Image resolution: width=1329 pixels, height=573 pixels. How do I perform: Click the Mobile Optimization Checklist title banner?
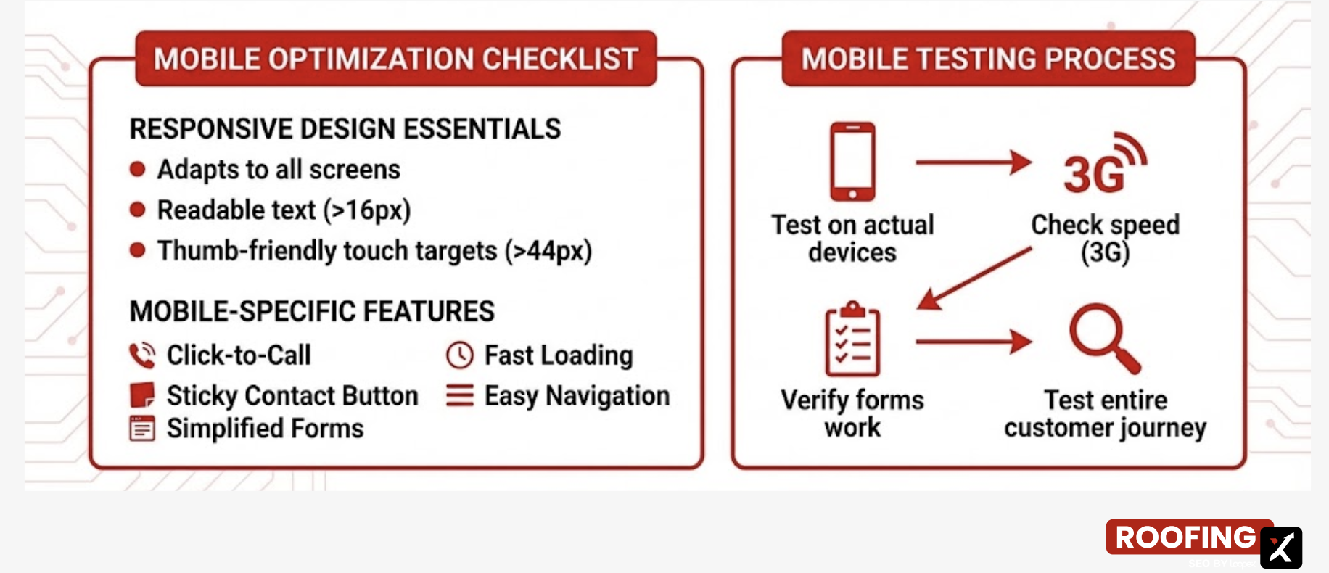(x=396, y=59)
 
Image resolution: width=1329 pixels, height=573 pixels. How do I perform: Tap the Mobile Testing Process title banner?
(x=988, y=59)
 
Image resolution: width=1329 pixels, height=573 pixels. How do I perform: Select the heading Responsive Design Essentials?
(x=345, y=129)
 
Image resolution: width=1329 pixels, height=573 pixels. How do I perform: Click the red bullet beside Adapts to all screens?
(x=137, y=170)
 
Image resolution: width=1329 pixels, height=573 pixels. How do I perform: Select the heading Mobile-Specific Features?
(x=312, y=311)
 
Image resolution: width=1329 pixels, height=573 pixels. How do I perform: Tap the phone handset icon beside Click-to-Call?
(x=142, y=355)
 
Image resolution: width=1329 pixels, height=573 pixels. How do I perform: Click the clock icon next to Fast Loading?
(x=460, y=355)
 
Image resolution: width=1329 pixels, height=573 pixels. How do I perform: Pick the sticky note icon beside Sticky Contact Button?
(x=142, y=395)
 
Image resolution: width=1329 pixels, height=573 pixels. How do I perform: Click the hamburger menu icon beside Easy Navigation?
(x=460, y=395)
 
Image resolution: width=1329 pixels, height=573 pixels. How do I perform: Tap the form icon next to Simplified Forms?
(x=142, y=429)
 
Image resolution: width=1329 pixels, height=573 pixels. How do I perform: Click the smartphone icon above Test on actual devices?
(x=852, y=161)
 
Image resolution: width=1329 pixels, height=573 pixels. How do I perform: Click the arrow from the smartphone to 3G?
(x=973, y=162)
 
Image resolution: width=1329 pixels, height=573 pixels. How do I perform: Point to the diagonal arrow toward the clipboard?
(x=974, y=279)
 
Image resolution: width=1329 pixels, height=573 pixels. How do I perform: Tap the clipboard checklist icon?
(x=852, y=339)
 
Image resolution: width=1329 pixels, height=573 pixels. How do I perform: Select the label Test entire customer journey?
(x=1105, y=413)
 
